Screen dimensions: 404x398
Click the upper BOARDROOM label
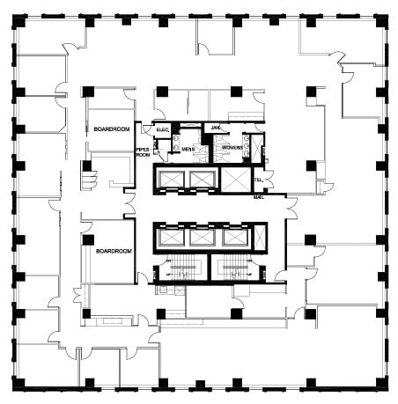[112, 129]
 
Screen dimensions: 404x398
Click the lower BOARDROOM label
[114, 251]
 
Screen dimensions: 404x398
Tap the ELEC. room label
[163, 130]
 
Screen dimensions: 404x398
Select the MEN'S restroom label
[188, 150]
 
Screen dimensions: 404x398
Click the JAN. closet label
[215, 129]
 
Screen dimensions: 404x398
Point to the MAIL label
[259, 197]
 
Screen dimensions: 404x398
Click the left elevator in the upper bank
[169, 180]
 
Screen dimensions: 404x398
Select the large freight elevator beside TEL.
[234, 180]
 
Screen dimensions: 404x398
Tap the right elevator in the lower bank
[233, 237]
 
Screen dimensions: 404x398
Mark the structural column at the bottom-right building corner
[382, 385]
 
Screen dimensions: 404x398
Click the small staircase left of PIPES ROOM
[87, 175]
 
